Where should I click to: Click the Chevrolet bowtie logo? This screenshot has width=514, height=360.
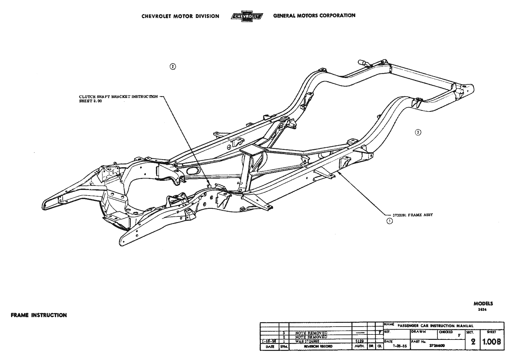pyautogui.click(x=246, y=16)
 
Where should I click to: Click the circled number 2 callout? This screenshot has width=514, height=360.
pyautogui.click(x=173, y=66)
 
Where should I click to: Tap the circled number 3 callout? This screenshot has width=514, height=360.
pyautogui.click(x=418, y=132)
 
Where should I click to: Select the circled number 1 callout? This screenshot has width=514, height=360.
pyautogui.click(x=390, y=221)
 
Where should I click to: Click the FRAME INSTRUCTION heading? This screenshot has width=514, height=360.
pyautogui.click(x=39, y=315)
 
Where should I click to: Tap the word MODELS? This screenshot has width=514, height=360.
pyautogui.click(x=483, y=304)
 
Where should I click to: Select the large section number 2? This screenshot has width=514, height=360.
pyautogui.click(x=473, y=342)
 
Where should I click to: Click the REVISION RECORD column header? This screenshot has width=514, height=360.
pyautogui.click(x=318, y=346)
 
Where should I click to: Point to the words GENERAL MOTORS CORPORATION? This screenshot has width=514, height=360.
pyautogui.click(x=314, y=15)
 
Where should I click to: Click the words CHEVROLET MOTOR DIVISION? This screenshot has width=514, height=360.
pyautogui.click(x=180, y=16)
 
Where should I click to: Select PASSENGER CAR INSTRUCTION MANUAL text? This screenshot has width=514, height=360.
pyautogui.click(x=435, y=326)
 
